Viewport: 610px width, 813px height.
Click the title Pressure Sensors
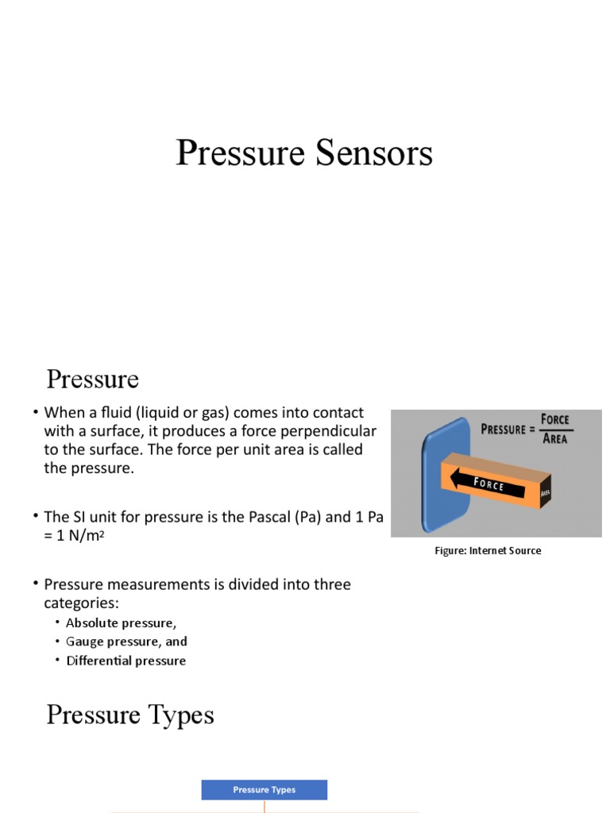pyautogui.click(x=304, y=152)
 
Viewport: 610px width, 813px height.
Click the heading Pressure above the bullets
pyautogui.click(x=92, y=380)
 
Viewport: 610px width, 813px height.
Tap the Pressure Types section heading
pyautogui.click(x=130, y=715)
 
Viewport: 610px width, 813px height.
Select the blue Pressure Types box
pyautogui.click(x=264, y=790)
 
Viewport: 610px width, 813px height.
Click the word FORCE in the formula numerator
pyautogui.click(x=554, y=419)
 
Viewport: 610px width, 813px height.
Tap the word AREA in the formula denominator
pyautogui.click(x=554, y=438)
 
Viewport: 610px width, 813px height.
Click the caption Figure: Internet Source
pyautogui.click(x=488, y=550)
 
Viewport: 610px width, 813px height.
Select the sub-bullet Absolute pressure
pyautogui.click(x=121, y=623)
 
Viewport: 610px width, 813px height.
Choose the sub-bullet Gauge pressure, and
pyautogui.click(x=126, y=642)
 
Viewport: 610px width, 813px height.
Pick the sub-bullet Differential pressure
pyautogui.click(x=125, y=661)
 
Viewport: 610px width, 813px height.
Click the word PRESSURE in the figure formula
pyautogui.click(x=503, y=430)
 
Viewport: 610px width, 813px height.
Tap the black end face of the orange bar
pyautogui.click(x=546, y=493)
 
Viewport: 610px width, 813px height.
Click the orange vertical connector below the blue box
pyautogui.click(x=264, y=806)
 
